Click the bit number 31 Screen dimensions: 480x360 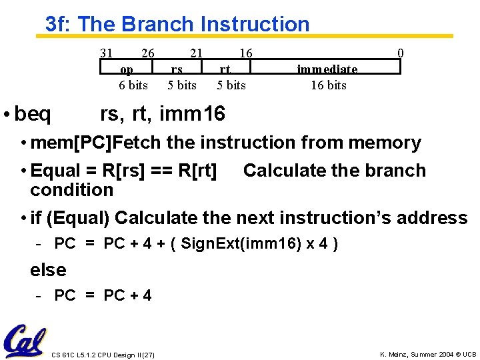point(106,53)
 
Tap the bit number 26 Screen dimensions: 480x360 point(148,53)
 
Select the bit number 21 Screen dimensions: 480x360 point(196,53)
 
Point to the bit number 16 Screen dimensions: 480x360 point(245,53)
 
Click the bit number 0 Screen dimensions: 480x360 point(400,53)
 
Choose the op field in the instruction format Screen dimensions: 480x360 point(127,68)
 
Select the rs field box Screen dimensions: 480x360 point(177,68)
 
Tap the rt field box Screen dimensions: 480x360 point(226,68)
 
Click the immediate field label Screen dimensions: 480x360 point(327,69)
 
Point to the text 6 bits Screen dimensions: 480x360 point(133,85)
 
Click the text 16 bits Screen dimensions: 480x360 point(328,85)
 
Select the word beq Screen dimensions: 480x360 point(32,115)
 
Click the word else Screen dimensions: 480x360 point(48,270)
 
